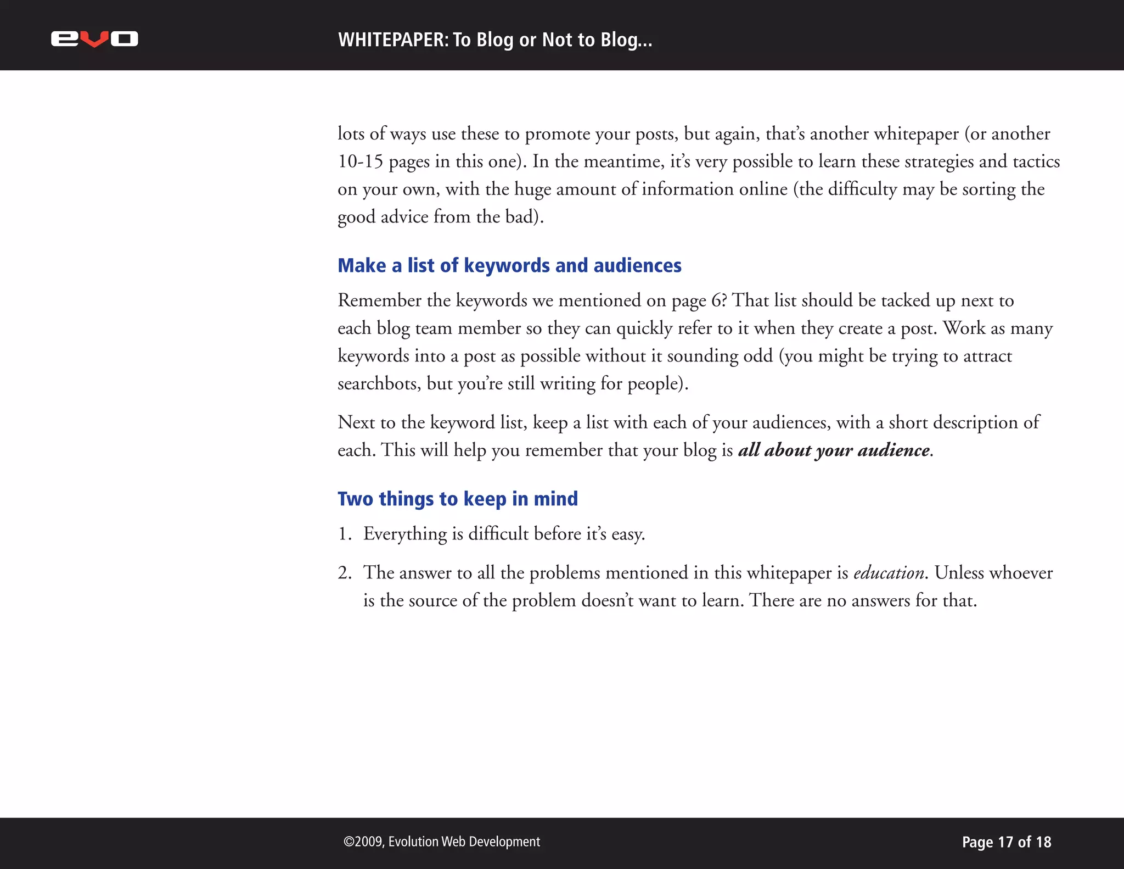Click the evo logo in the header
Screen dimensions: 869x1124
(94, 39)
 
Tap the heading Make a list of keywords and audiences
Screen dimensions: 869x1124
(509, 266)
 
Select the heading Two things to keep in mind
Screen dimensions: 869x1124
(458, 499)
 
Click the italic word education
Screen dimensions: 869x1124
(889, 573)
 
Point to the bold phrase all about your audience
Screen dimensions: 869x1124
(834, 450)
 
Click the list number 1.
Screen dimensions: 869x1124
(344, 534)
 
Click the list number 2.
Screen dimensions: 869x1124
(344, 573)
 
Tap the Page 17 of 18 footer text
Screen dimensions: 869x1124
(1006, 842)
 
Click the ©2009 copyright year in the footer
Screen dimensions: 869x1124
(364, 842)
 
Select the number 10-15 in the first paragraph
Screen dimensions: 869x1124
(360, 161)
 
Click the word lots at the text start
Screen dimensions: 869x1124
(351, 133)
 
